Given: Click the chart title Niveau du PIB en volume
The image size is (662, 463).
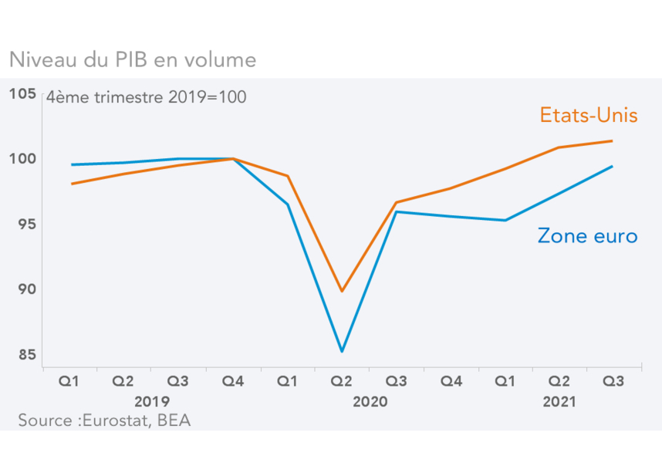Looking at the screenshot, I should click(x=132, y=59).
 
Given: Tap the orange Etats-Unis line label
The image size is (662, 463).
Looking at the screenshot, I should click(x=589, y=116).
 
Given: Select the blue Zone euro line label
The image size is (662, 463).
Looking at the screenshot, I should click(x=588, y=236).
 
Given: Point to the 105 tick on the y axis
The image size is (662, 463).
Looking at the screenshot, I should click(x=23, y=94).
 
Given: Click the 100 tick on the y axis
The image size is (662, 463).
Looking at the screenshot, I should click(x=23, y=159).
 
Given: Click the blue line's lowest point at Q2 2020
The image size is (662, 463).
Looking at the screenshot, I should click(x=342, y=351).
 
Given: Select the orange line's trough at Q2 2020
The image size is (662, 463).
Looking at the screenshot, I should click(x=342, y=291).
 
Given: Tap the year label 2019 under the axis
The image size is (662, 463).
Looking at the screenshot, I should click(x=152, y=402).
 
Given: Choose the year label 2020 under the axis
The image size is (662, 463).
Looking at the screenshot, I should click(x=370, y=402).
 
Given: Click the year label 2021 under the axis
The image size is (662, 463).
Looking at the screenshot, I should click(x=559, y=402).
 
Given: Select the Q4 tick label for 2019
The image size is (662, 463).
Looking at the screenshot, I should click(x=233, y=381).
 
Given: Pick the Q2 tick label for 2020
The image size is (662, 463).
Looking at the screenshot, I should click(x=342, y=381).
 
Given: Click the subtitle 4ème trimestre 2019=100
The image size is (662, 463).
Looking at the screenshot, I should click(x=147, y=98).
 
